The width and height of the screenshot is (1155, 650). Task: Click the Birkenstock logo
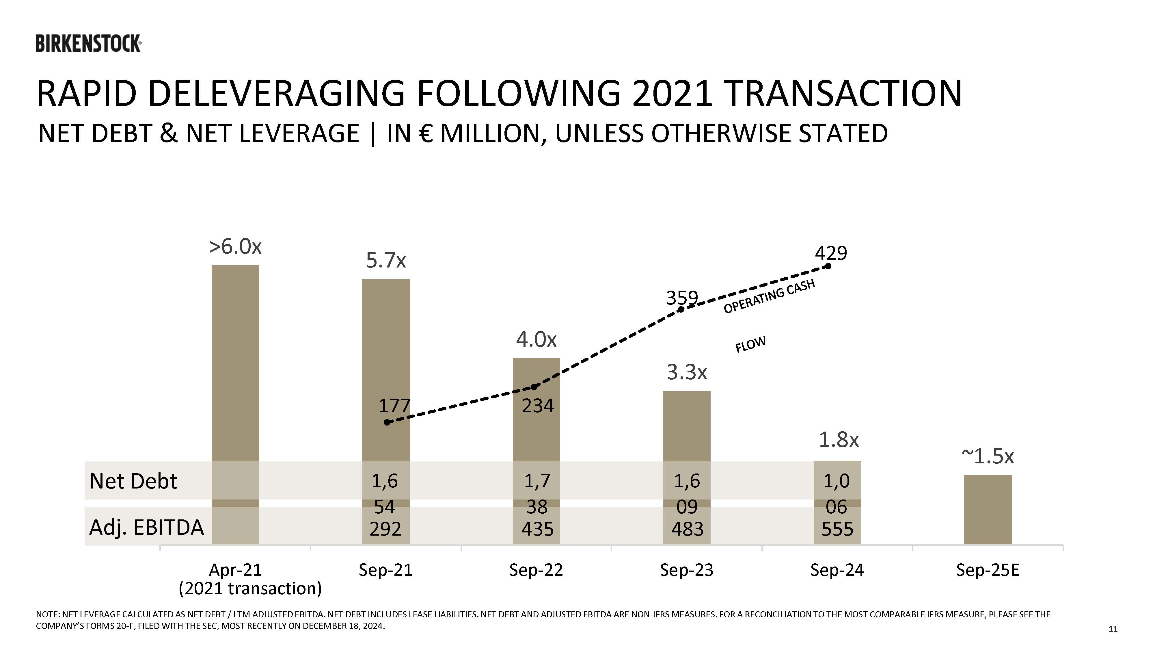[x=88, y=44]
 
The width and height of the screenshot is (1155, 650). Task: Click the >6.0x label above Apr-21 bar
[x=235, y=247]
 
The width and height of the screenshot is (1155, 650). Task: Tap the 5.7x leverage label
[x=385, y=261]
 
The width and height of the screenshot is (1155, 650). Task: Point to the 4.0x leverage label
[x=536, y=339]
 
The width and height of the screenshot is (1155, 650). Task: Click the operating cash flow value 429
[x=831, y=253]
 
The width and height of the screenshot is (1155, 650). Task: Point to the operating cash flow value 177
[x=394, y=406]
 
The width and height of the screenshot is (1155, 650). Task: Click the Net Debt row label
[x=133, y=481]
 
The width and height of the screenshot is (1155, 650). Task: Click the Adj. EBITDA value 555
[x=837, y=529]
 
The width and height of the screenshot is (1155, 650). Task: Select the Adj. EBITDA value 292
[x=385, y=529]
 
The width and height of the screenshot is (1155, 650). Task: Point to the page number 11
[x=1113, y=629]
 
